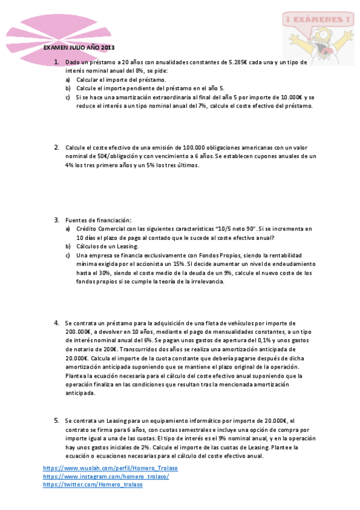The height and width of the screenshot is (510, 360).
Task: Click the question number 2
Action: [56, 147]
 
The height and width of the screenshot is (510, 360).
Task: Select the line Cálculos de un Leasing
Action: [107, 247]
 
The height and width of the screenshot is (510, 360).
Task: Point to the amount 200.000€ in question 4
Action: [78, 331]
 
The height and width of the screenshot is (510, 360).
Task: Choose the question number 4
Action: [56, 323]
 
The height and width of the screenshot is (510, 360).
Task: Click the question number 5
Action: [56, 420]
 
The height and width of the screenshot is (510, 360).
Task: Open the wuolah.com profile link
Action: [111, 468]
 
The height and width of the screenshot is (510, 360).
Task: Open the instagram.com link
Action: [106, 476]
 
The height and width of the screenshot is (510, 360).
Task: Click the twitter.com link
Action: [93, 485]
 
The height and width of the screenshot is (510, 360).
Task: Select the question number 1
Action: [56, 62]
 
